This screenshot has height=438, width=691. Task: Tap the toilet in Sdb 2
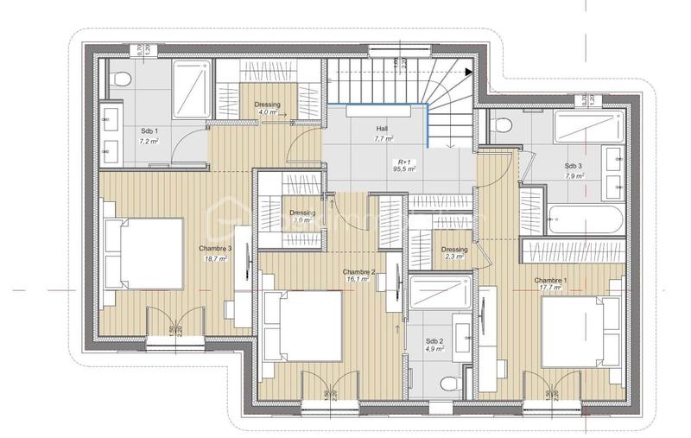[x=448, y=384]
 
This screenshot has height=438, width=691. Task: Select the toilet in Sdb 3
[x=498, y=126]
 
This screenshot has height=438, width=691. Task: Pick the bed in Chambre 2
[x=302, y=326]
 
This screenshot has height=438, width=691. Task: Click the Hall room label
[x=382, y=128]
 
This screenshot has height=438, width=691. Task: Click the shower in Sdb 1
[x=191, y=86]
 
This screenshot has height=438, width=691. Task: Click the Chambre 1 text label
[x=551, y=281]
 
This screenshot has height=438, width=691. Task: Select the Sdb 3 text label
[x=574, y=166]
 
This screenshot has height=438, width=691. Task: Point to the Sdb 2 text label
[x=434, y=341]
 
